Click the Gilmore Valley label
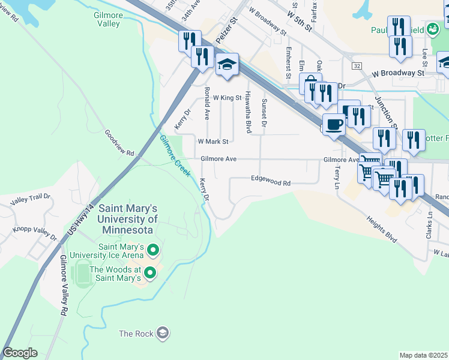(108, 19)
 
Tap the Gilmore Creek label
(175, 156)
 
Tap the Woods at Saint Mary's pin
(149, 274)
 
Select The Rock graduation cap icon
(162, 332)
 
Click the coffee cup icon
(334, 124)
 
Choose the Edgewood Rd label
(270, 178)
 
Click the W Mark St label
(213, 142)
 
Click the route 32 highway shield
(357, 65)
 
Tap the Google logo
(20, 353)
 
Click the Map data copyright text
(423, 355)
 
